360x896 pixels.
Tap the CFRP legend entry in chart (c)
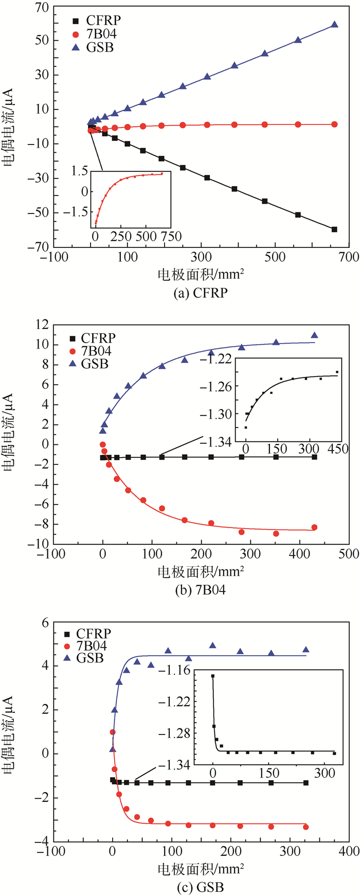coord(87,634)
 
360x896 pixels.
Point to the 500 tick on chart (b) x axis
coord(348,554)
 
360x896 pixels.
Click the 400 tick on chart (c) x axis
coord(348,851)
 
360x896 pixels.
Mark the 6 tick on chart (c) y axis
coord(45,622)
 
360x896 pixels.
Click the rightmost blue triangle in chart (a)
coord(335,24)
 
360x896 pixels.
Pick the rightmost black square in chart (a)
coord(335,229)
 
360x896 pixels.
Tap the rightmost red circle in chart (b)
coord(314,527)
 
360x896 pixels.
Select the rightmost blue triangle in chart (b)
coord(314,335)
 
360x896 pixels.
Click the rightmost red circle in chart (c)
coord(306,827)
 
